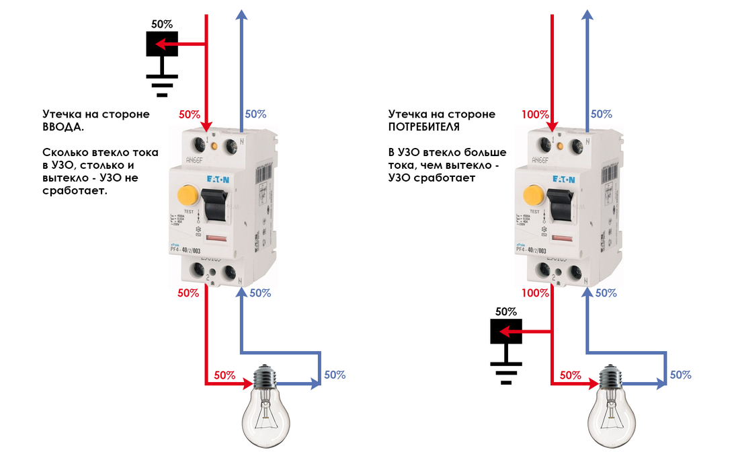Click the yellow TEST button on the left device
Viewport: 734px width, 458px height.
point(187,196)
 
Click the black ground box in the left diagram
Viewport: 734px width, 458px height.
point(161,44)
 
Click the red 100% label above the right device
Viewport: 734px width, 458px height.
point(535,114)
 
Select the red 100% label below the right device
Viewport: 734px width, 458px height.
point(535,293)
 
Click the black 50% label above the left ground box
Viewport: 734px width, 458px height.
point(161,24)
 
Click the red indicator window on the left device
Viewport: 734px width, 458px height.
point(217,239)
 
